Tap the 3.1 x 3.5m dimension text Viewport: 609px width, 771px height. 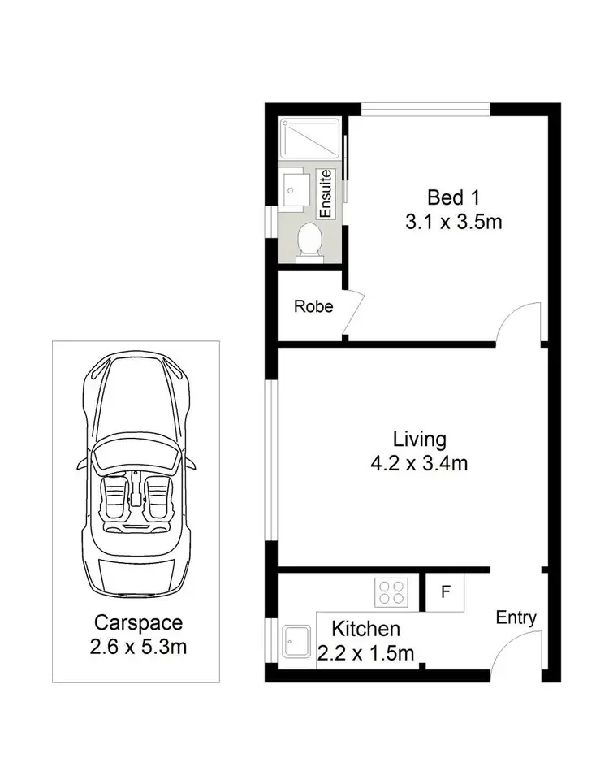coord(454,220)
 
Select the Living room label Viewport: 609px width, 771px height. coord(419,440)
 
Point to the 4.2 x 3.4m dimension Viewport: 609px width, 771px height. coord(419,463)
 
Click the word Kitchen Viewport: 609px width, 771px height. coord(365,628)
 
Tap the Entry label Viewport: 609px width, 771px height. coord(516,617)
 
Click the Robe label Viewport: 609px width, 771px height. coord(313,307)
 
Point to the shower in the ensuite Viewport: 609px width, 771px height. coord(309,139)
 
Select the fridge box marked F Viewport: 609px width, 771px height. coord(445,591)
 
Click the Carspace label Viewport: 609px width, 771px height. coord(139,623)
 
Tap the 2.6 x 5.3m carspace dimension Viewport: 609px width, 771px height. coord(139,647)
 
